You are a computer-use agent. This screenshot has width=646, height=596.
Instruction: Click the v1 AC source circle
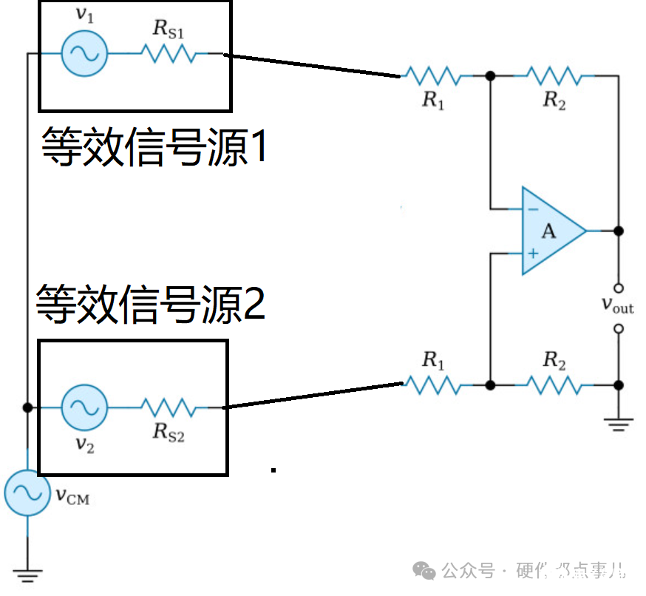(x=84, y=53)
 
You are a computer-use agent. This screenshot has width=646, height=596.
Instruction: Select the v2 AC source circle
(x=84, y=407)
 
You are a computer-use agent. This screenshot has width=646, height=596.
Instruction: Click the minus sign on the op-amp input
(x=532, y=209)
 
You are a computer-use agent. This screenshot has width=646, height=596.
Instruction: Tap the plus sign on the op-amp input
(x=532, y=254)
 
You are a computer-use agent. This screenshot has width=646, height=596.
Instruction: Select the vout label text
(x=616, y=305)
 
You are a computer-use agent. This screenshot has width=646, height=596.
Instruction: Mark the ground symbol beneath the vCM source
(x=28, y=572)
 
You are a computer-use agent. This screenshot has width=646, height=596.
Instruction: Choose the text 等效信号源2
(x=151, y=304)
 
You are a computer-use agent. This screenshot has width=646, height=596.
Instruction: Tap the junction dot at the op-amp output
(x=619, y=231)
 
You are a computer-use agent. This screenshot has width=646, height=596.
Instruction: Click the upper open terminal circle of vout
(x=619, y=288)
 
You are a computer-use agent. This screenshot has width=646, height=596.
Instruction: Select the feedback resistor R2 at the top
(x=554, y=75)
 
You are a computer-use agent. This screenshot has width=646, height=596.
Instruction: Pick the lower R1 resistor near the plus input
(x=432, y=385)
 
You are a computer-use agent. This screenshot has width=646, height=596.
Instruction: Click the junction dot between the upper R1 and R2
(x=489, y=75)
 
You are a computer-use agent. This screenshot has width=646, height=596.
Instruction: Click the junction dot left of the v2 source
(x=28, y=407)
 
